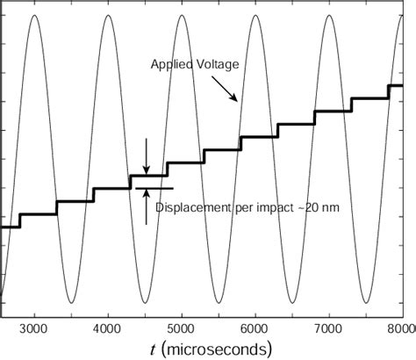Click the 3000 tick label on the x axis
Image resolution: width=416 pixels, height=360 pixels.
point(33,328)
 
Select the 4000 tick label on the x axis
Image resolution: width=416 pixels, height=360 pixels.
point(107,328)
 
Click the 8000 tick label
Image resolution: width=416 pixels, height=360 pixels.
point(400,328)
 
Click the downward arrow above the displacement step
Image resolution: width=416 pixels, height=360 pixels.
point(147,158)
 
